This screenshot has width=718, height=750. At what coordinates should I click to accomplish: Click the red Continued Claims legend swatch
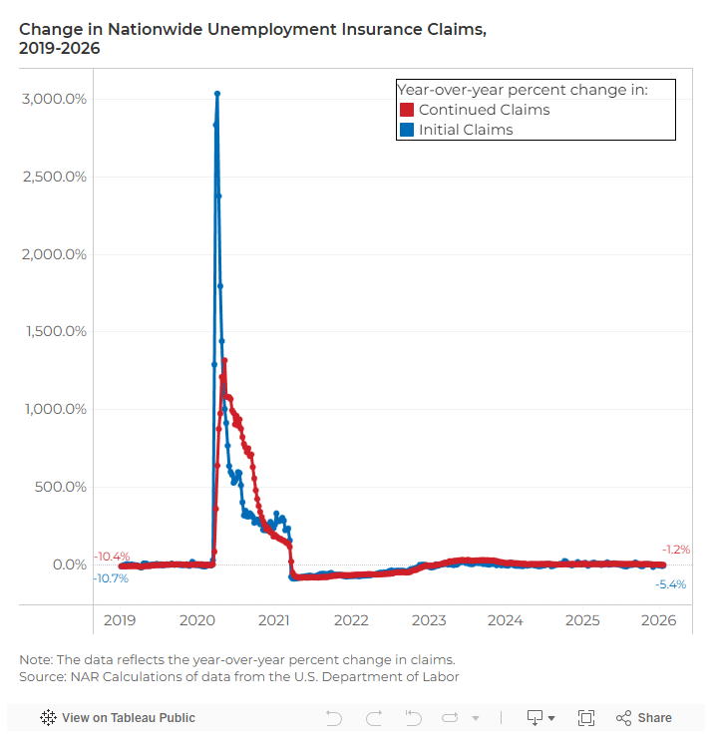(x=407, y=110)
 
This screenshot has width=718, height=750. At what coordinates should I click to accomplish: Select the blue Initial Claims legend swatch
(x=407, y=130)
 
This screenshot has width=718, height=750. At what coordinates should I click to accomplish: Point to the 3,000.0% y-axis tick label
(x=55, y=99)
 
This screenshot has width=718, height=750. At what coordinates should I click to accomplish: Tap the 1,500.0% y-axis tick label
(x=55, y=331)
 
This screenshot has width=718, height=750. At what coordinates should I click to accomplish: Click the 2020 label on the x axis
(x=196, y=620)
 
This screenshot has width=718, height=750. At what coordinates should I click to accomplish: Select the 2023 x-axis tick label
(x=429, y=620)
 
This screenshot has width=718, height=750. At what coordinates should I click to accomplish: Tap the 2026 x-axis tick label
(x=659, y=620)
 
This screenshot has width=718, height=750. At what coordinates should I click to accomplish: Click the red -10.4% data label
(x=112, y=556)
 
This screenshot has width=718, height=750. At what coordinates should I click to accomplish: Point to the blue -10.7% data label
(x=111, y=578)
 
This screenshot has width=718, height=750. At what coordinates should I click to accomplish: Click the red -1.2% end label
(x=675, y=550)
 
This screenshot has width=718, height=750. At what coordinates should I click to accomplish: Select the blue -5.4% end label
(x=670, y=584)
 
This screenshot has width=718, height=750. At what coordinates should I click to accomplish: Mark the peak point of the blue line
(x=217, y=94)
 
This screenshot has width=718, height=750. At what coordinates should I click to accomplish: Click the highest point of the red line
(x=225, y=361)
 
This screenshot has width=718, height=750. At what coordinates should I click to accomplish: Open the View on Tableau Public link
(x=118, y=718)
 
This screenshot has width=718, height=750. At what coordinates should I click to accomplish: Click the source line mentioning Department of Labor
(x=239, y=677)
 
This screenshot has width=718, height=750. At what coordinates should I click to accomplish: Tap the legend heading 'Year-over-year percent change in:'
(x=523, y=90)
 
